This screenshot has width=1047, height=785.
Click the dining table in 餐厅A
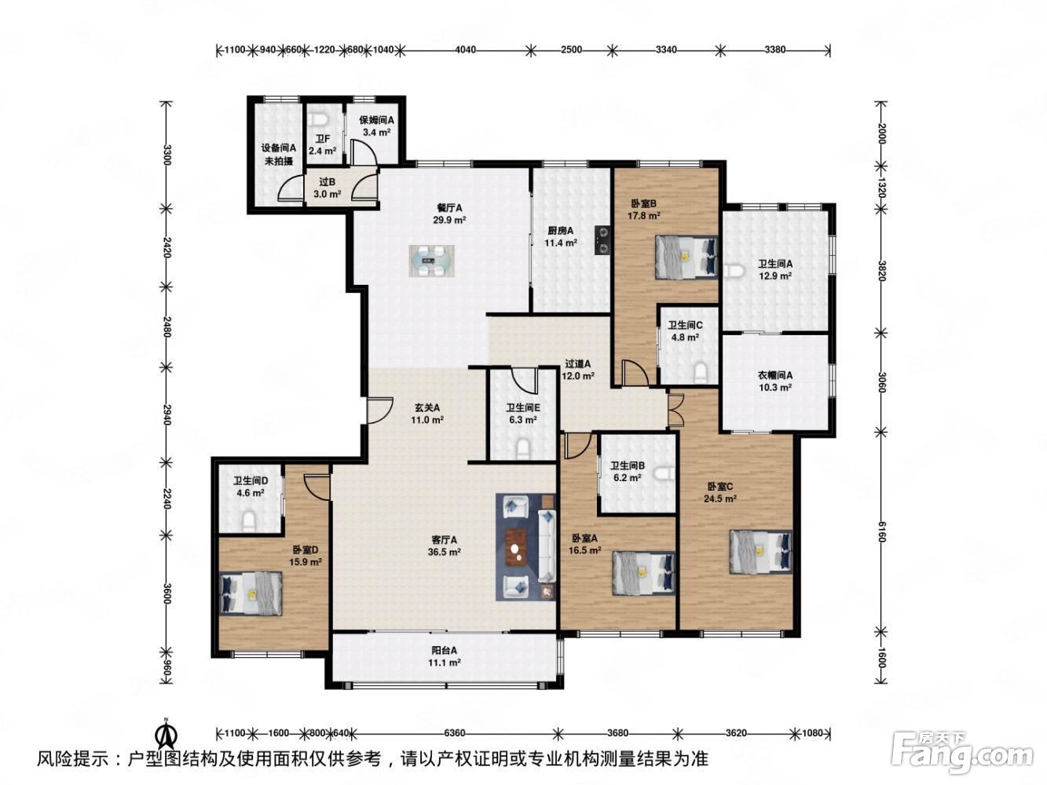point(432,261)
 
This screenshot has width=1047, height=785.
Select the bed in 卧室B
point(686,257)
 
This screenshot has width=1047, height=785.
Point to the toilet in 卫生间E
point(523,448)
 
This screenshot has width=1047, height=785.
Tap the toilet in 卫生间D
point(249,520)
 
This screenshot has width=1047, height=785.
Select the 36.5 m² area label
point(444,553)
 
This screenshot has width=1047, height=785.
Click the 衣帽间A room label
point(774,375)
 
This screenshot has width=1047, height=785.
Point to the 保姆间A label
point(376,120)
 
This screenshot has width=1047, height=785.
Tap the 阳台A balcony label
point(444,650)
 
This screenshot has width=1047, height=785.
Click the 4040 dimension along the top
point(465,49)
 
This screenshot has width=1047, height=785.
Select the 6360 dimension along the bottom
point(454,732)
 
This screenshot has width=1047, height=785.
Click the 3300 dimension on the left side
point(167,155)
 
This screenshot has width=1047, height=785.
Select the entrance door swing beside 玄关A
point(379,411)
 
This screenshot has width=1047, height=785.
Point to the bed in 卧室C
point(760,553)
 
